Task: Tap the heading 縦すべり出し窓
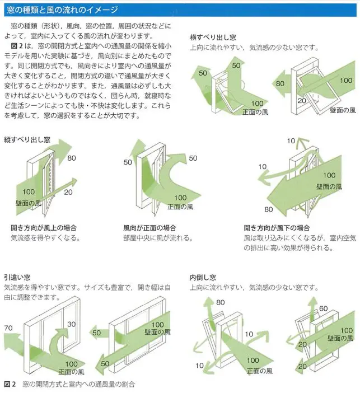(27, 138)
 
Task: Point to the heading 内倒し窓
(203, 277)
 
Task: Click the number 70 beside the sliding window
(8, 327)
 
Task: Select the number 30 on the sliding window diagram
(72, 324)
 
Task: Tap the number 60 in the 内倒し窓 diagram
(323, 308)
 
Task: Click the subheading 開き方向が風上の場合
(44, 228)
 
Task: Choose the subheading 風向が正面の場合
(149, 228)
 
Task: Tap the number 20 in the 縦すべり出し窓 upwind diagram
(68, 192)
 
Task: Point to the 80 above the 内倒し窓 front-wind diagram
(221, 303)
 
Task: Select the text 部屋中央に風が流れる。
(158, 237)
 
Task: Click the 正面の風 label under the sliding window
(71, 371)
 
